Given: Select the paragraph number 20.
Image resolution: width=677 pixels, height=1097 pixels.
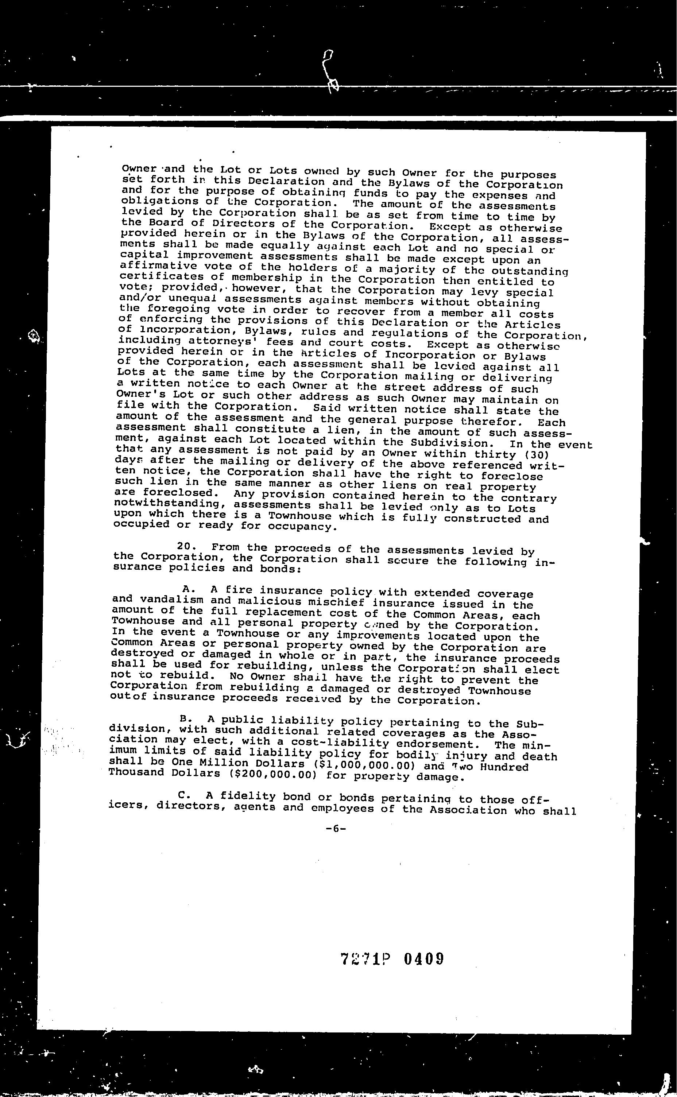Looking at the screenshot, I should [x=185, y=546].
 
